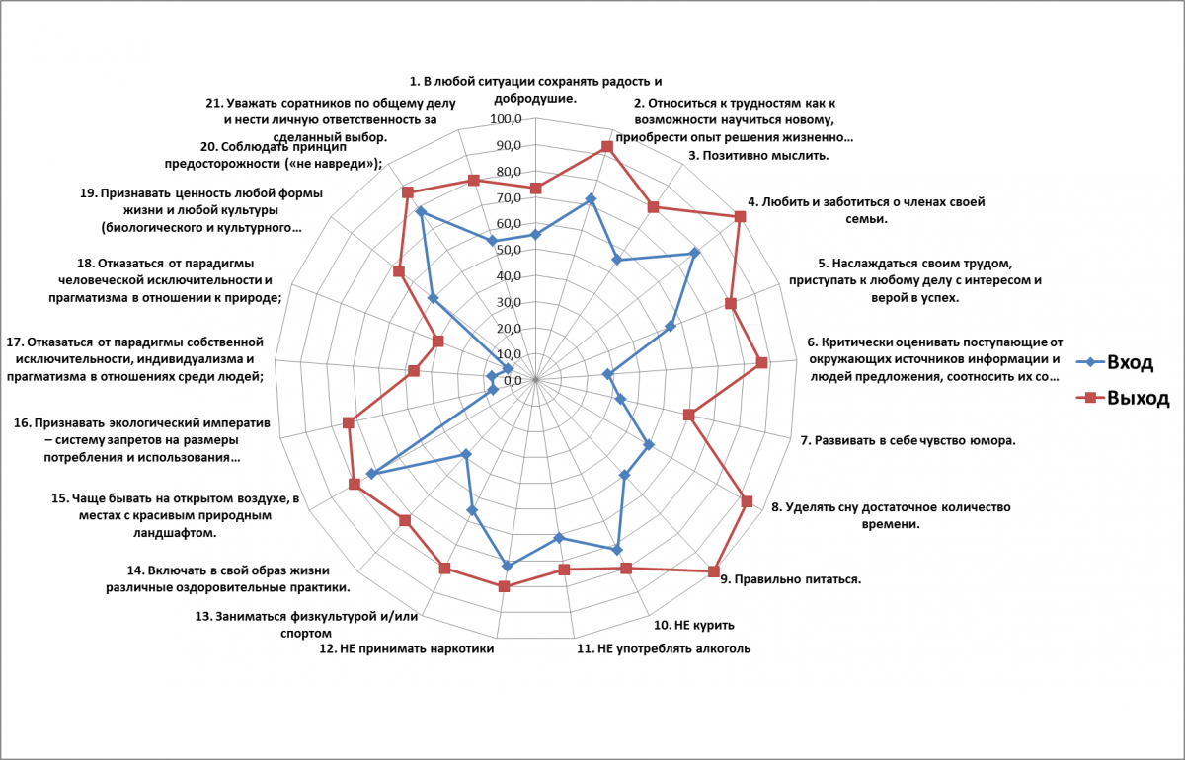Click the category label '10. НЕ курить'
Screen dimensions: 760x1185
click(693, 625)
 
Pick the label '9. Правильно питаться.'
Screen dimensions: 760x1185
click(790, 579)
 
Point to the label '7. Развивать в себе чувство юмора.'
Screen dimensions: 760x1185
click(908, 441)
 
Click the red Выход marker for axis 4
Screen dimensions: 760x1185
click(740, 217)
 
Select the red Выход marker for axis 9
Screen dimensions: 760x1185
click(713, 570)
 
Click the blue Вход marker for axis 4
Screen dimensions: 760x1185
click(694, 253)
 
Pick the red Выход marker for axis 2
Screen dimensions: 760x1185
click(607, 147)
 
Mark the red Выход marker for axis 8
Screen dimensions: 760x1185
click(747, 501)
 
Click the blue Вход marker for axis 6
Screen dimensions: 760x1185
click(608, 374)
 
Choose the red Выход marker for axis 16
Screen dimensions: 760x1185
click(348, 422)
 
